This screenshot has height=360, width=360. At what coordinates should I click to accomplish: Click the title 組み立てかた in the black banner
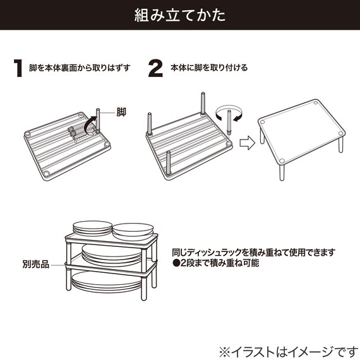[180, 15]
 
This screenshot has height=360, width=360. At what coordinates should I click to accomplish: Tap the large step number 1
[19, 68]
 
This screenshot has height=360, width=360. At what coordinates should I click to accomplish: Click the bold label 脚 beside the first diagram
[121, 112]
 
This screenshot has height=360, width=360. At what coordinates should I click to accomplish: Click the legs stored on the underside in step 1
[74, 131]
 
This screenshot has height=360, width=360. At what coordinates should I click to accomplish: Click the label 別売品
[36, 261]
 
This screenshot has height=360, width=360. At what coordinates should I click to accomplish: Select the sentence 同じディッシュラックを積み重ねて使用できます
[253, 251]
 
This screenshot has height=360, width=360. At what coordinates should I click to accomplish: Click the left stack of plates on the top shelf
[92, 227]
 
